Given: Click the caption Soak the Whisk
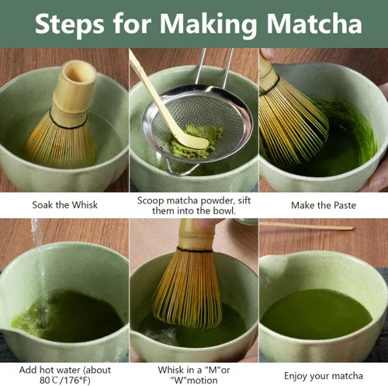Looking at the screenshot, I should point(64,205).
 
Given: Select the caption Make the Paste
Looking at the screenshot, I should point(322,205).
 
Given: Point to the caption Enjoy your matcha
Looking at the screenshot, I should point(323,375).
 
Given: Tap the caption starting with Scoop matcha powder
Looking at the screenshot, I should point(193,205).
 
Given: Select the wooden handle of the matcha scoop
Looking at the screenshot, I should point(151,89).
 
